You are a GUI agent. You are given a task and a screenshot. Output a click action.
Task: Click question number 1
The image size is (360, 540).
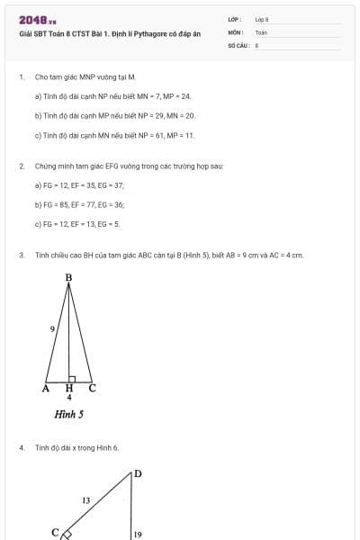coord(21,78)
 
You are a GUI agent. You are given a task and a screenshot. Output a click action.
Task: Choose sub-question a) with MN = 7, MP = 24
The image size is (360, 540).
coord(112,96)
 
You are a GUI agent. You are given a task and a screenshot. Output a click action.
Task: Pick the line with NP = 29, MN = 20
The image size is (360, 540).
coord(114,116)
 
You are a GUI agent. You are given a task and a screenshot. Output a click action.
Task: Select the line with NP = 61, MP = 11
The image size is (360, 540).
coord(114,136)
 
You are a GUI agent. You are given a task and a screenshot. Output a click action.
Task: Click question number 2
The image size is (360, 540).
coord(21,166)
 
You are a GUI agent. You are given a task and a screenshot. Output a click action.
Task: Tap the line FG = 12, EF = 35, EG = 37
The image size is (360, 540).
coord(79,184)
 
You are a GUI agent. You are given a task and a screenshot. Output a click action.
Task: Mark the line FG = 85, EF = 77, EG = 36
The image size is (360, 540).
coord(79,204)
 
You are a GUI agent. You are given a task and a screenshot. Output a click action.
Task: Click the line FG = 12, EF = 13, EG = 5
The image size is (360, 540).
coord(76,224)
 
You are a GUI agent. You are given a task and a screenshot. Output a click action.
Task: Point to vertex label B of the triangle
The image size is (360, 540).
coord(68,278)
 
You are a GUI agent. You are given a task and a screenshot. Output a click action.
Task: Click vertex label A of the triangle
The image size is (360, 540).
coord(45,388)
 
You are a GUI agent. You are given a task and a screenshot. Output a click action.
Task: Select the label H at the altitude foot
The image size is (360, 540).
coord(69,388)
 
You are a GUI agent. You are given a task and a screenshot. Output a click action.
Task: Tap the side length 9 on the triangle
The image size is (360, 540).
coord(53,330)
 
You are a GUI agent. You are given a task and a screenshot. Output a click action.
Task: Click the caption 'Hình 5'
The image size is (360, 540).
coord(68,415)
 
